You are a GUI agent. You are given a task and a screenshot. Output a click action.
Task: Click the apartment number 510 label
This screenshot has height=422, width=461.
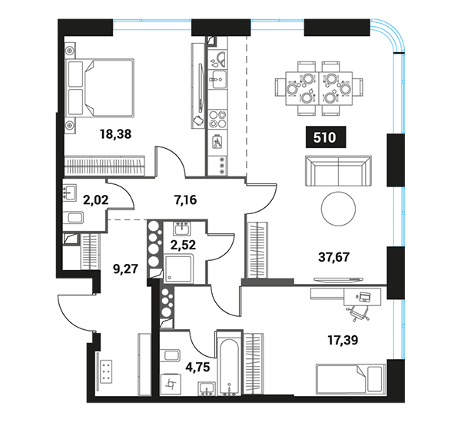pyautogui.click(x=326, y=137)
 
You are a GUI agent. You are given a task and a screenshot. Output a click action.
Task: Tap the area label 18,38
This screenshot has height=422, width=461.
pyautogui.click(x=115, y=134)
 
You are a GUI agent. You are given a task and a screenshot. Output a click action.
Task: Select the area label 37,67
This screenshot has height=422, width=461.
pyautogui.click(x=334, y=257)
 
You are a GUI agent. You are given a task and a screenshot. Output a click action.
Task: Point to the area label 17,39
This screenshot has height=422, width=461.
pyautogui.click(x=343, y=341)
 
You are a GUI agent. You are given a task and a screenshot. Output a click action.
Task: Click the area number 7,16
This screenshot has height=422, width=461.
pyautogui.click(x=185, y=200)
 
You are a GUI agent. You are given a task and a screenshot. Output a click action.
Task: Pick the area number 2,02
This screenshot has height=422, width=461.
pyautogui.click(x=96, y=200)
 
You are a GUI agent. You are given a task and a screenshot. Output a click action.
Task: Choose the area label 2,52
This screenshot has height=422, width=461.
pyautogui.click(x=183, y=245)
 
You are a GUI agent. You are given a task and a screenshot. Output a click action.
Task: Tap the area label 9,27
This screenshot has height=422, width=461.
pyautogui.click(x=125, y=269)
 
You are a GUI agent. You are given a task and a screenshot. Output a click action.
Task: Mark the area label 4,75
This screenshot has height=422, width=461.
pyautogui.click(x=198, y=367)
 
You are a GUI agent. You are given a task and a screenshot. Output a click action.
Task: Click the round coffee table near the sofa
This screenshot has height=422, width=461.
pyautogui.click(x=338, y=209)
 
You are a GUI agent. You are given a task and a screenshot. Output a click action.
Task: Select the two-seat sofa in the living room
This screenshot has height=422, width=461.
pyautogui.click(x=338, y=171)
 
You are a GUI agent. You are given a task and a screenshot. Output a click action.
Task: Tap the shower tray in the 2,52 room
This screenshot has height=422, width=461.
pyautogui.click(x=178, y=269)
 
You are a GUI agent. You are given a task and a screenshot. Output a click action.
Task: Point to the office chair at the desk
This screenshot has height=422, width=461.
pyautogui.click(x=358, y=312)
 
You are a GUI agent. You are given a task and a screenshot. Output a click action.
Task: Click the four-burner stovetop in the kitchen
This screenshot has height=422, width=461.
pyautogui.click(x=217, y=119)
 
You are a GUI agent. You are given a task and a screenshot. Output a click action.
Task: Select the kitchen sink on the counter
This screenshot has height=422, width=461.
pyautogui.click(x=219, y=79)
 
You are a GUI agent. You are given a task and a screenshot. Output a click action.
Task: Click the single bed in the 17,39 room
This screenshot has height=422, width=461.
pyautogui.click(x=350, y=380)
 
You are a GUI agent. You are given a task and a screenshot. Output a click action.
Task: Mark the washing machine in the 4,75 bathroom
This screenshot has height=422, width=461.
pyautogui.click(x=171, y=384)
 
